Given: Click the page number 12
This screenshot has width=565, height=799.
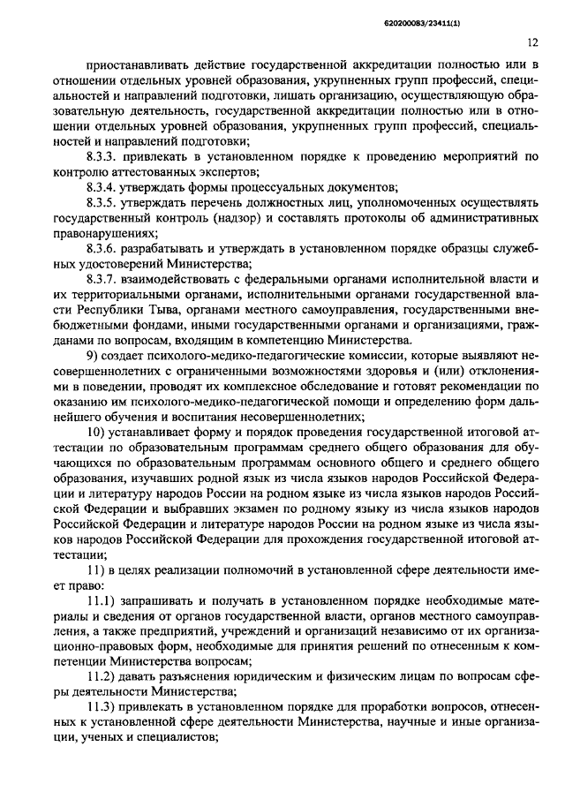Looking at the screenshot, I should point(532,41).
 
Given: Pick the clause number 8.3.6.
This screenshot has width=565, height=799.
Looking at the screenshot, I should point(105,250).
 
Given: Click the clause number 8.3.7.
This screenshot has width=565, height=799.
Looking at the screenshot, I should point(105,282).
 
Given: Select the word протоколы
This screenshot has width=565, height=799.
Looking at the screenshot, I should point(350,218).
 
